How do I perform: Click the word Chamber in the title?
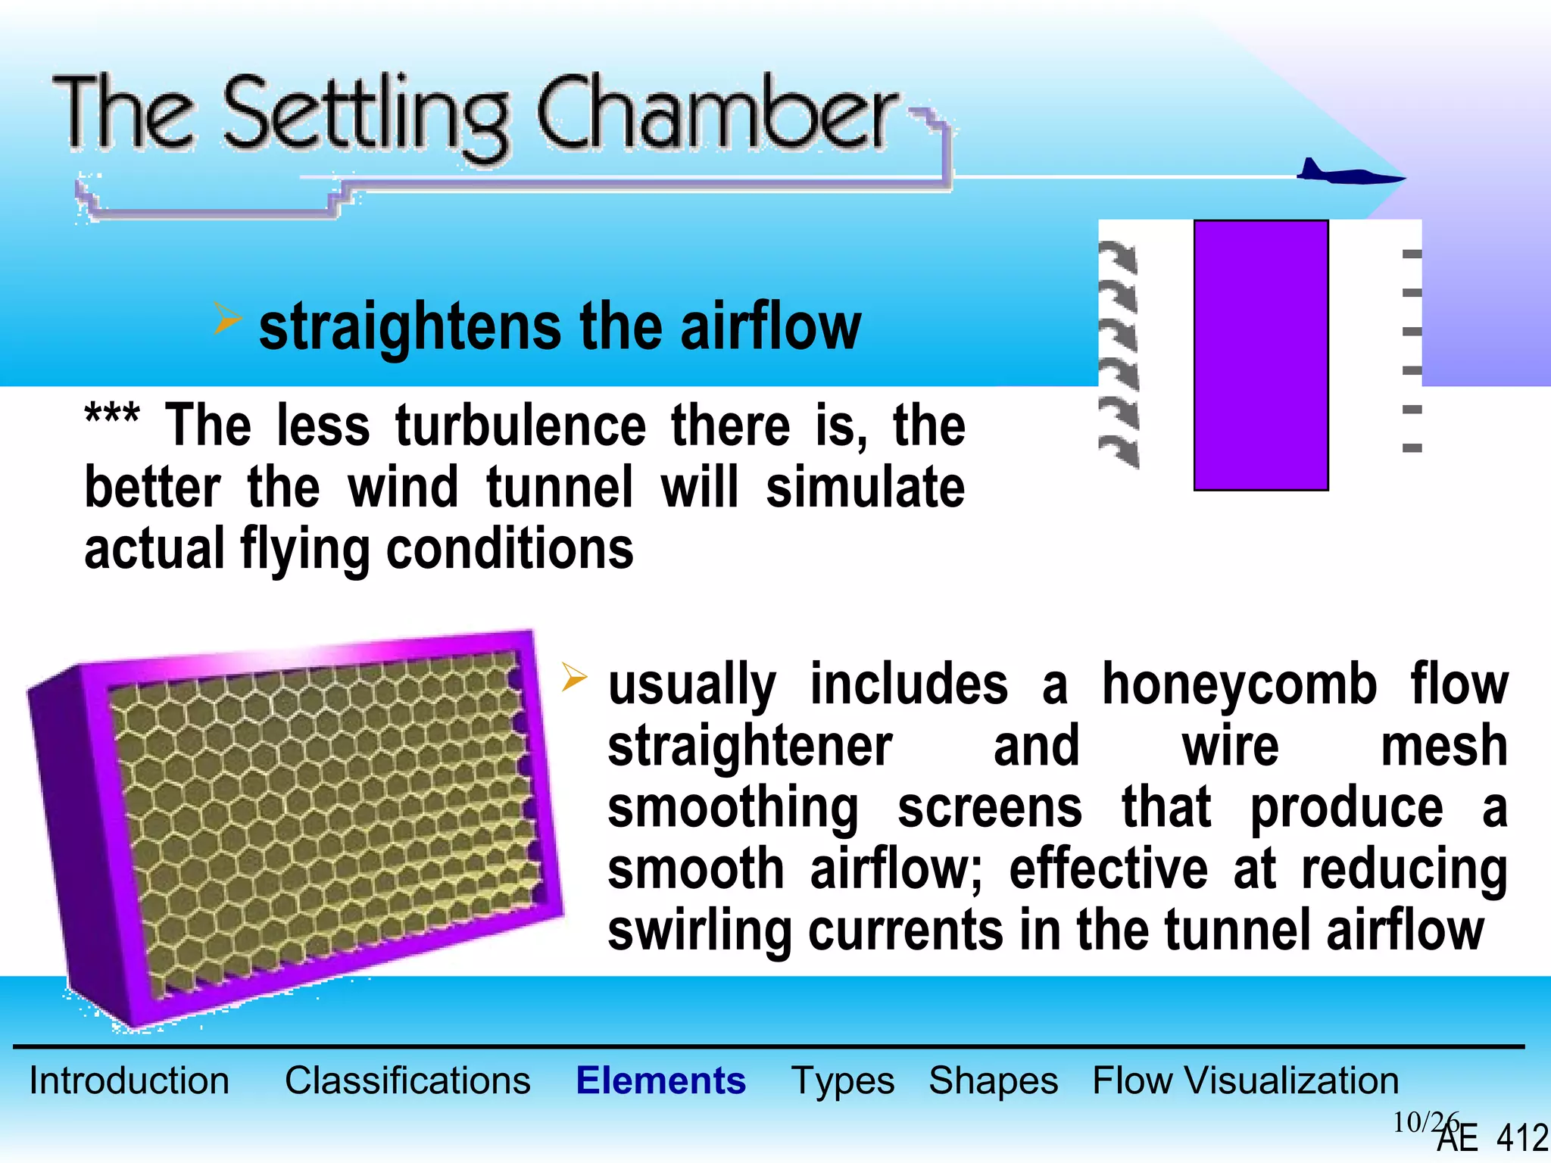tap(716, 114)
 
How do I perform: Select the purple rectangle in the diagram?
tap(1261, 355)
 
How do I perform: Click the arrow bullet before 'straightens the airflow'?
tap(226, 319)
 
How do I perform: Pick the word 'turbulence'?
tap(520, 426)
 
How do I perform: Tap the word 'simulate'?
tap(865, 488)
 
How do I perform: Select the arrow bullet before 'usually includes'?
tap(575, 677)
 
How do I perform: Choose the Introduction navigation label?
tap(129, 1080)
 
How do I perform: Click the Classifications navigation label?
tap(407, 1080)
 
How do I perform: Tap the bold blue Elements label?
tap(660, 1080)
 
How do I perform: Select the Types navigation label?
tap(842, 1081)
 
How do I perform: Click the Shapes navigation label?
tap(993, 1081)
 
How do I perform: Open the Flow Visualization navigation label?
tap(1245, 1080)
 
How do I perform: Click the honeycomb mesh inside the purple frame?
tap(318, 818)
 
